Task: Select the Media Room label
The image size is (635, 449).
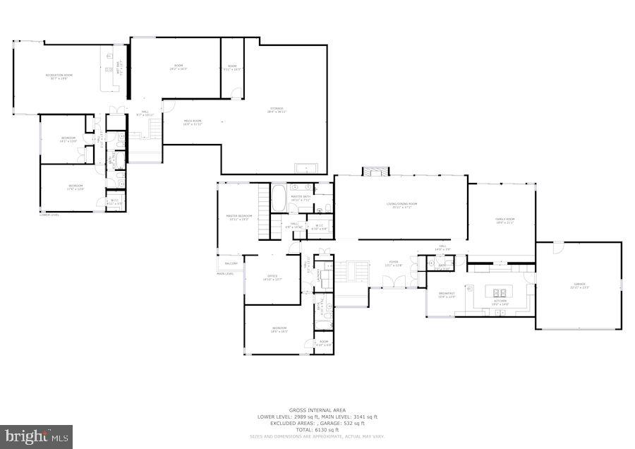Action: (x=192, y=122)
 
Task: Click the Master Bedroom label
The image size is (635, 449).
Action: (x=239, y=217)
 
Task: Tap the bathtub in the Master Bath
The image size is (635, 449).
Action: (x=278, y=198)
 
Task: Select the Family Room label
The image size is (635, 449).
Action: (x=504, y=221)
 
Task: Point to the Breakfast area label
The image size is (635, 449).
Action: (x=446, y=295)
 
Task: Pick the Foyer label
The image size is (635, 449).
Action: (x=393, y=263)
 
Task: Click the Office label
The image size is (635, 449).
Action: (x=272, y=277)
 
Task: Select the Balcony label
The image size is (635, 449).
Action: (x=231, y=263)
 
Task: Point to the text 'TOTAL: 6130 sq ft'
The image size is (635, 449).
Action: (x=317, y=429)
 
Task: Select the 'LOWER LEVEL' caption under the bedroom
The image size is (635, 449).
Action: (x=49, y=215)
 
